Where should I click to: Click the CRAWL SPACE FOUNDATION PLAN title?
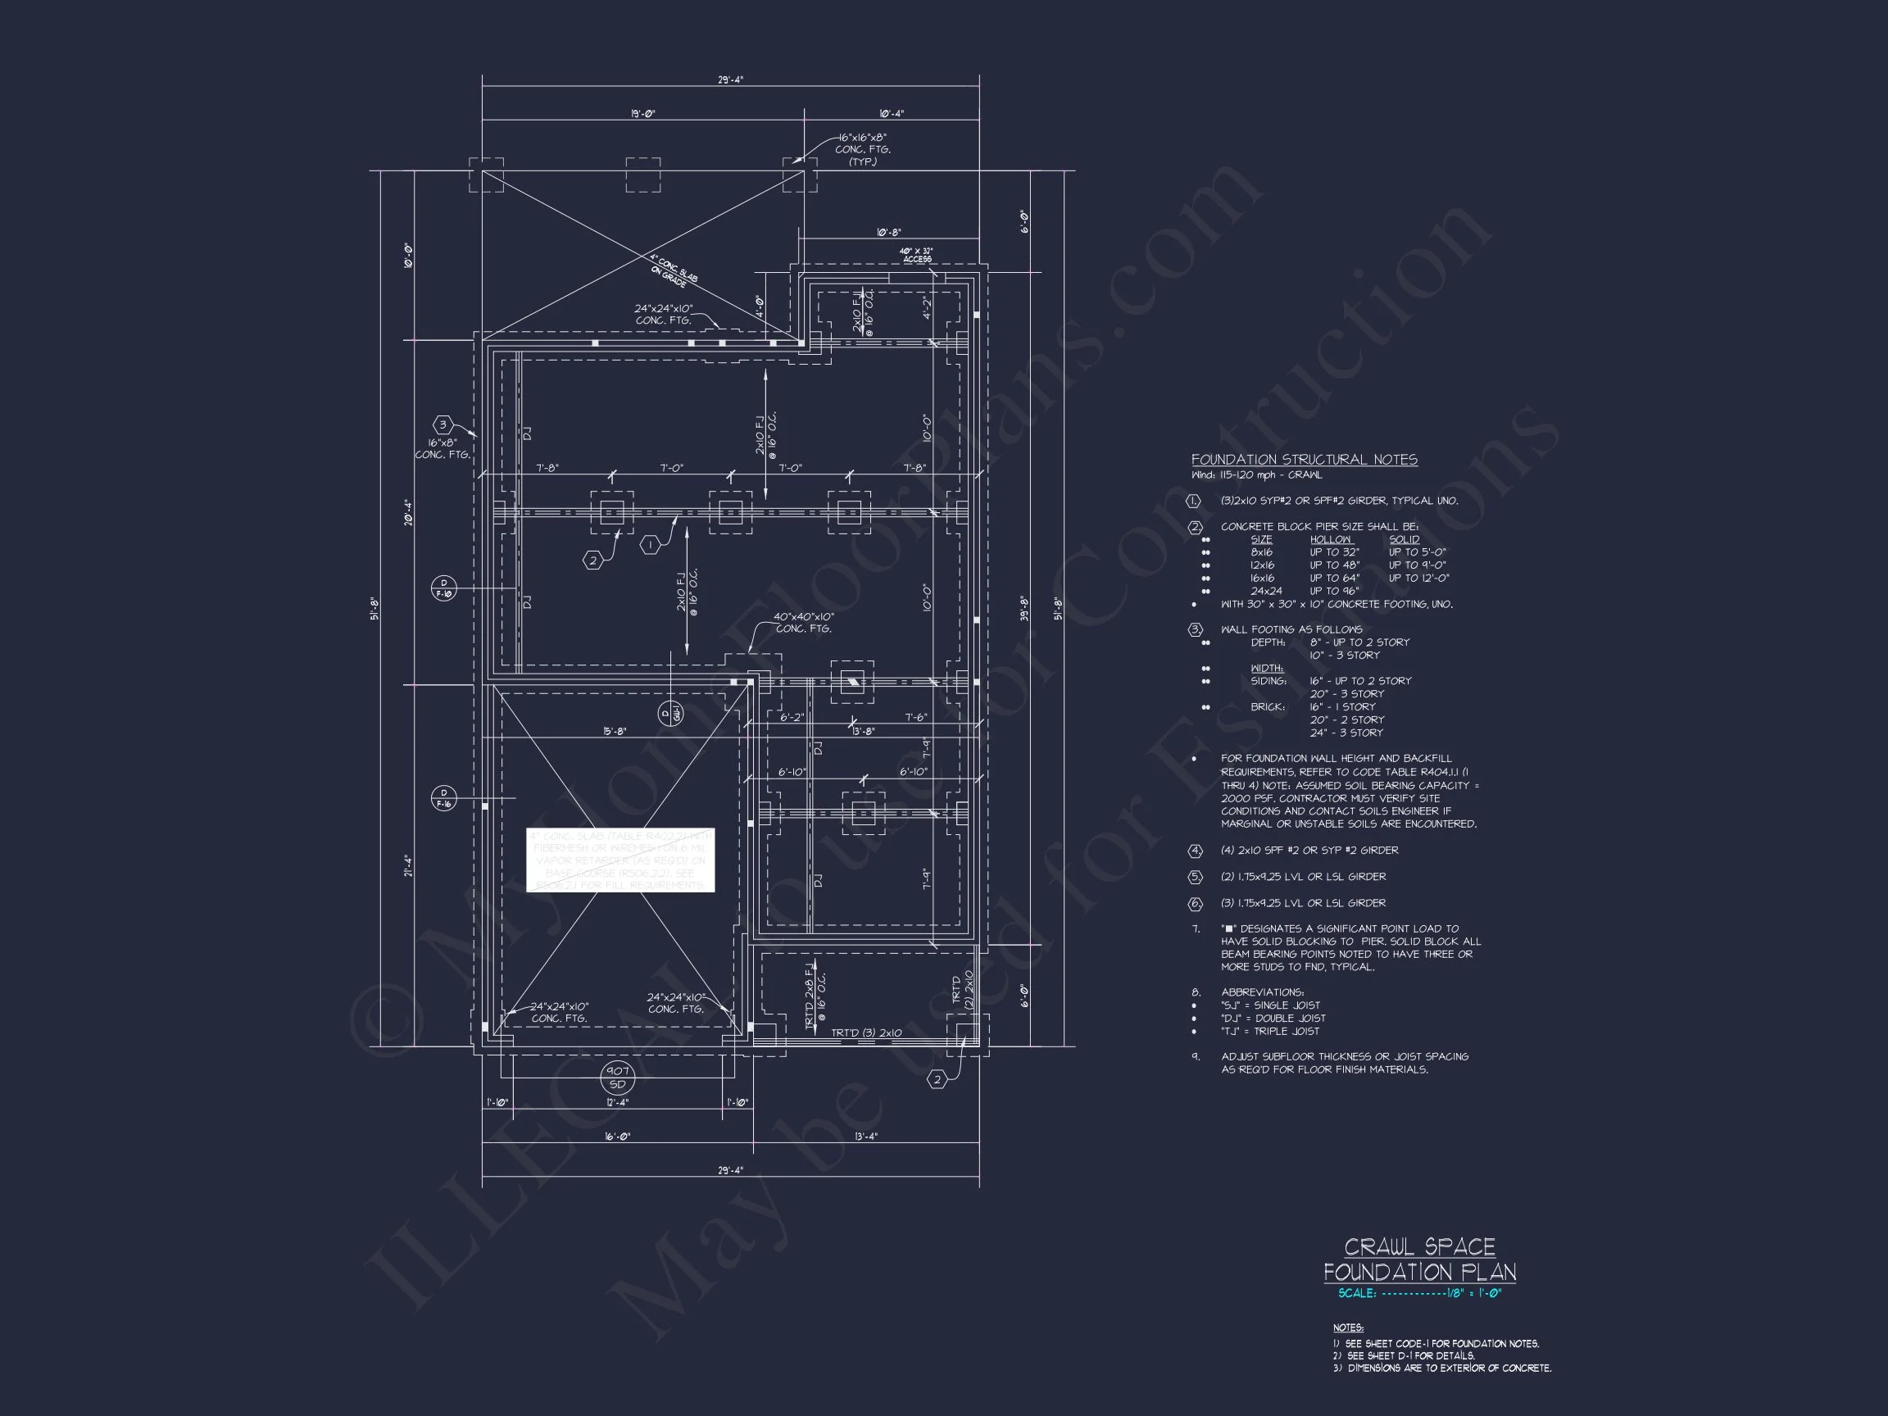coord(1419,1259)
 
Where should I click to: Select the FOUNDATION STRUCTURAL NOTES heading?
coord(1304,460)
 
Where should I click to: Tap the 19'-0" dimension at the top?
coord(642,114)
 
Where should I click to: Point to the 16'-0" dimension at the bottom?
coord(617,1136)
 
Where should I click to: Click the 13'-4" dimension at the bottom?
coord(865,1136)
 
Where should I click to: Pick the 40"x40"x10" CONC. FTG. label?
coord(803,622)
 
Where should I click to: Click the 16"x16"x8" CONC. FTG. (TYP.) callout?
coord(862,149)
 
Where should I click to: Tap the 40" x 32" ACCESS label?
coord(917,255)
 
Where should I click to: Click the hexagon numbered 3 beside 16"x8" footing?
coord(442,425)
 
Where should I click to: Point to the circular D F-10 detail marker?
coord(444,589)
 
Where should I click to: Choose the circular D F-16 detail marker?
coord(444,798)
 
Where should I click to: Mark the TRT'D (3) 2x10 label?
coord(866,1032)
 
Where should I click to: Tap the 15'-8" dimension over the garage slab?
coord(615,732)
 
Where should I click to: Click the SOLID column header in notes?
coord(1404,539)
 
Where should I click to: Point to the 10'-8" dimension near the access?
coord(887,232)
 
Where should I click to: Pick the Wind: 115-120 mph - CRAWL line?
coord(1256,475)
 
